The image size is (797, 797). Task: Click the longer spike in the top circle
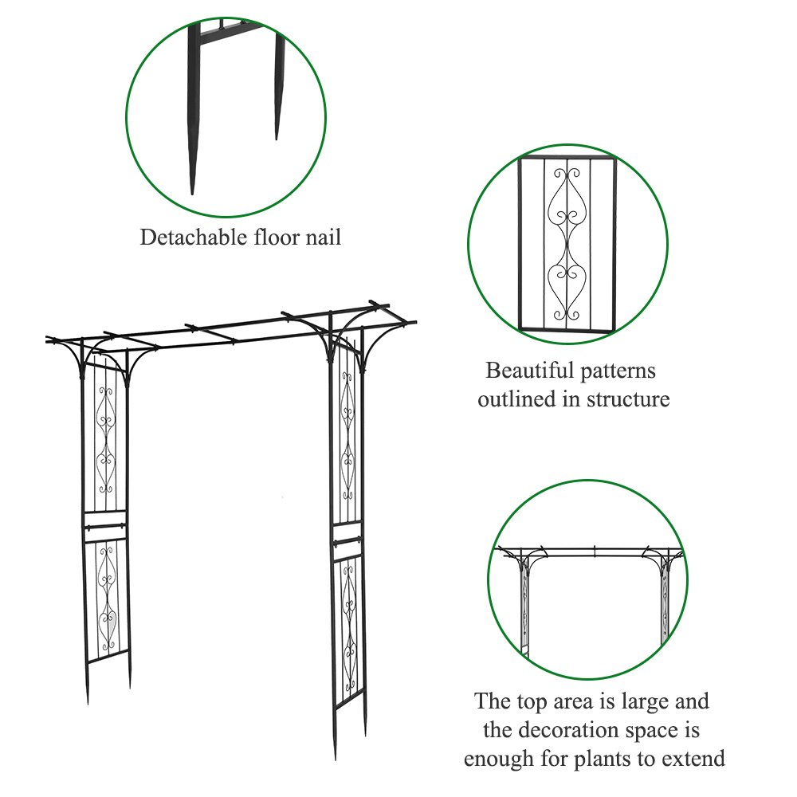pyautogui.click(x=192, y=120)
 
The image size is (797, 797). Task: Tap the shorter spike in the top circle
pyautogui.click(x=279, y=88)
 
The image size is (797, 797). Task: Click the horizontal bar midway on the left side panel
pyautogui.click(x=104, y=525)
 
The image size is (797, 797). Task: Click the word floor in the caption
pyautogui.click(x=279, y=237)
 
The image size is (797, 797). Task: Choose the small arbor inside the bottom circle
pyautogui.click(x=589, y=590)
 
